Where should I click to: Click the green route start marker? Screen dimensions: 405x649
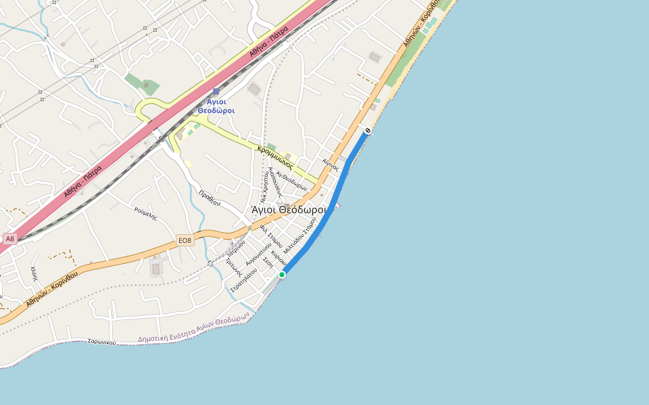282,274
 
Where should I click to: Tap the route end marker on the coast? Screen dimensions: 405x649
367,130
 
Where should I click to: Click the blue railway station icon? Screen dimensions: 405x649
216,91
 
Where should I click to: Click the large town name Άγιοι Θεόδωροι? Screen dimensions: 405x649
288,210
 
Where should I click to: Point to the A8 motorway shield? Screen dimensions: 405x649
9,239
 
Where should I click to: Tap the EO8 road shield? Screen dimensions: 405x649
185,240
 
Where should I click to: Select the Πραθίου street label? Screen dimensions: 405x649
210,198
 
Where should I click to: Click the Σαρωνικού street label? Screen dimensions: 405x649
101,342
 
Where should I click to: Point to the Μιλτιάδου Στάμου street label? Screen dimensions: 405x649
300,234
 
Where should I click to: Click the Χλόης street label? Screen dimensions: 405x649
34,273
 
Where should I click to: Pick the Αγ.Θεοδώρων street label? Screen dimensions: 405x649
296,180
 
